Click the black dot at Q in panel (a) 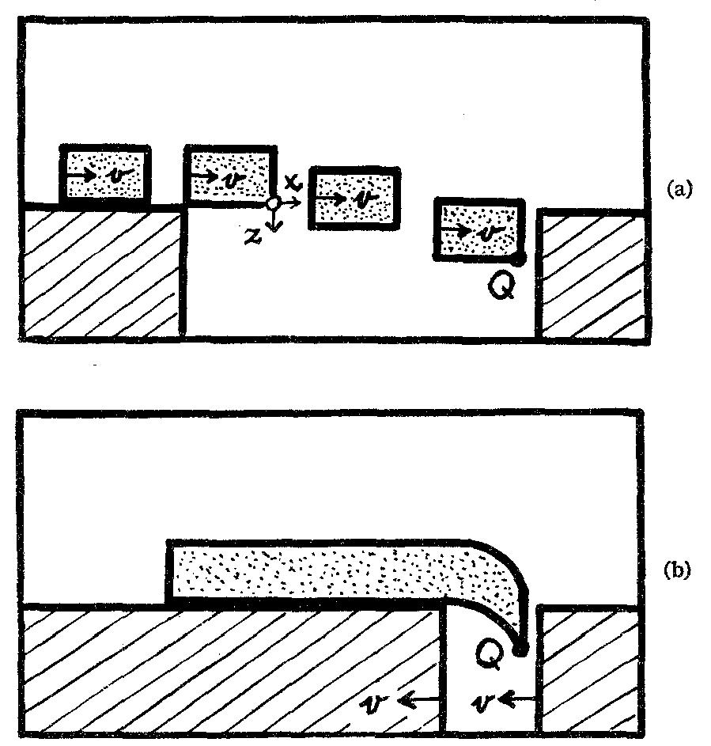point(517,257)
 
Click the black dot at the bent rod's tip point(520,649)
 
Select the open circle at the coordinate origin point(273,203)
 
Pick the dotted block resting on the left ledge point(105,174)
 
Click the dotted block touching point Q point(477,229)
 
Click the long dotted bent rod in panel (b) point(332,571)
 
